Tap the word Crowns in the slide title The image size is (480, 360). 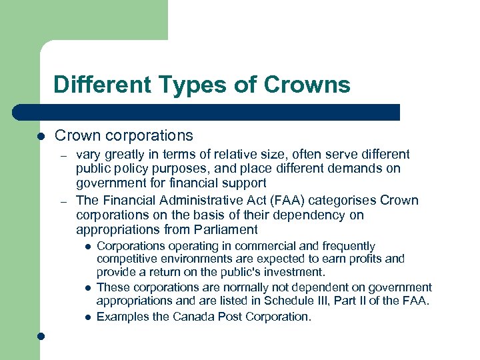click(x=307, y=85)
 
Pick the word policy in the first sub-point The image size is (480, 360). click(x=131, y=169)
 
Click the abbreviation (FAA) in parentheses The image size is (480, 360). click(x=274, y=201)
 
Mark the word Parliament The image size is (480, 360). click(x=222, y=230)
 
